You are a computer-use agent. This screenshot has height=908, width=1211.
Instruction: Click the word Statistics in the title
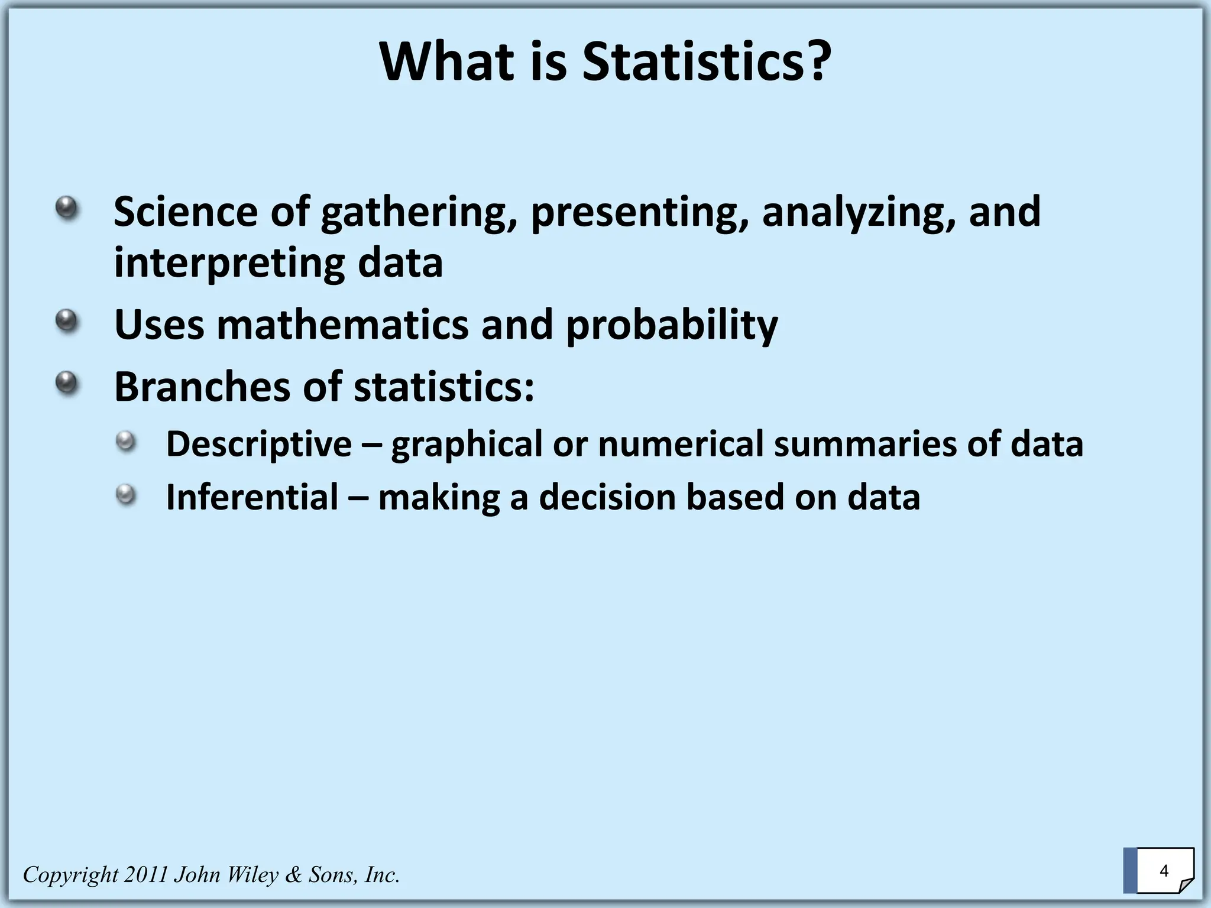point(706,62)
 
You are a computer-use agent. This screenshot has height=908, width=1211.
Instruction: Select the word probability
point(672,326)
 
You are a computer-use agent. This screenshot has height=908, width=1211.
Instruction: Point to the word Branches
point(202,387)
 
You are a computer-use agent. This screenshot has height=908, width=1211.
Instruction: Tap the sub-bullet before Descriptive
point(125,441)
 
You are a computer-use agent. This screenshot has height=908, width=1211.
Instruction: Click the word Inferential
point(252,497)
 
